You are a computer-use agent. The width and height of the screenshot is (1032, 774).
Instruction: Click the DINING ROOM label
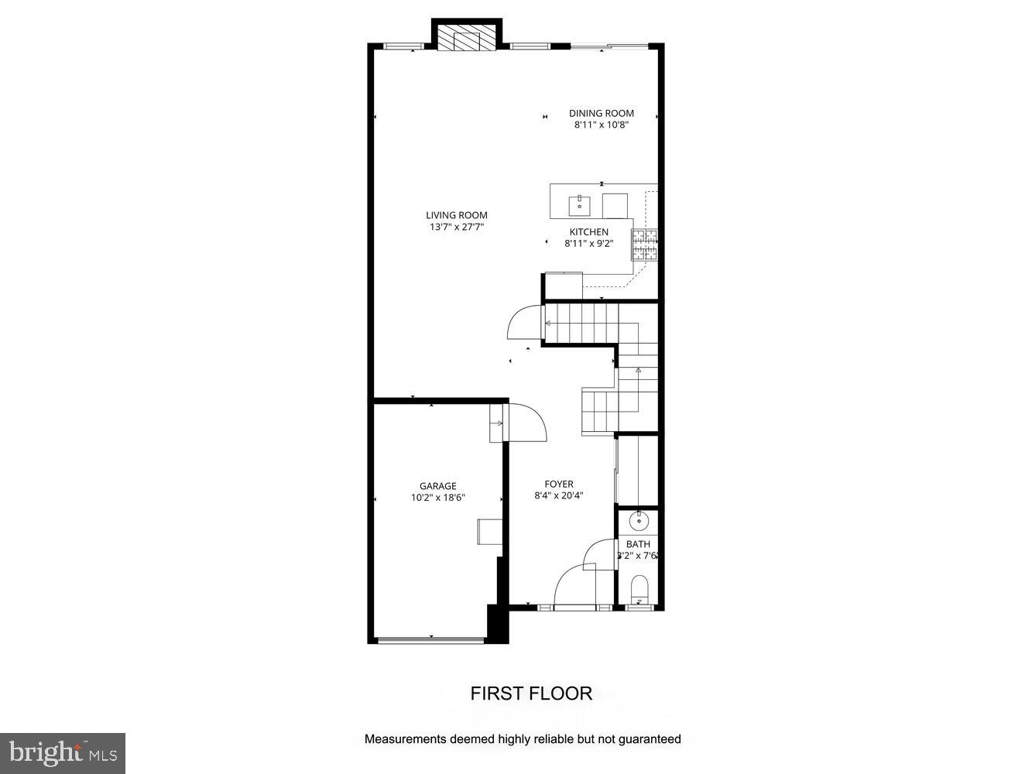pyautogui.click(x=601, y=113)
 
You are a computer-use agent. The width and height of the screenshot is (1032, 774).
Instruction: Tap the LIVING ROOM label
pyautogui.click(x=457, y=215)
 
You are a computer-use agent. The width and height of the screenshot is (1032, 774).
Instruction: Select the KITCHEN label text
pyautogui.click(x=588, y=231)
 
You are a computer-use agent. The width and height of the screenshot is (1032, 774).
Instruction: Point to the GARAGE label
pyautogui.click(x=438, y=486)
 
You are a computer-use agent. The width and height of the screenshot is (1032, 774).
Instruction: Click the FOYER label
pyautogui.click(x=558, y=485)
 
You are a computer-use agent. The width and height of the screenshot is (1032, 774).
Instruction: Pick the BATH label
pyautogui.click(x=638, y=544)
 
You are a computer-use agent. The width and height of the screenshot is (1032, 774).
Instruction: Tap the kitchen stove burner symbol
pyautogui.click(x=644, y=244)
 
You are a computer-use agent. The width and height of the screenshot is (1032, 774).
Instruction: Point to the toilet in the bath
pyautogui.click(x=639, y=589)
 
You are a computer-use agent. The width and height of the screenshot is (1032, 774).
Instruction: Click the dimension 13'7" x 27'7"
pyautogui.click(x=457, y=228)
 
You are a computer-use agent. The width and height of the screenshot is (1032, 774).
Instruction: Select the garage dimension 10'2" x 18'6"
pyautogui.click(x=438, y=498)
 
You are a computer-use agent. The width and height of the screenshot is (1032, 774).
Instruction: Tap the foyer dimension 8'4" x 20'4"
pyautogui.click(x=558, y=496)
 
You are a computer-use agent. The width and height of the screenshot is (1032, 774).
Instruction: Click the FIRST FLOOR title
pyautogui.click(x=531, y=694)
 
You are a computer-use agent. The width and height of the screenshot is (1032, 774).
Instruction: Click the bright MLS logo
pyautogui.click(x=63, y=752)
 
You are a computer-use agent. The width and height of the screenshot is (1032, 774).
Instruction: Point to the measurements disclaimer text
pyautogui.click(x=523, y=739)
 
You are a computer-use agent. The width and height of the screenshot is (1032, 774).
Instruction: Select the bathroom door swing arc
pyautogui.click(x=598, y=554)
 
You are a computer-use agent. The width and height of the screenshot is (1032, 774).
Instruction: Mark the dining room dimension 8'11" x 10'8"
pyautogui.click(x=601, y=125)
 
